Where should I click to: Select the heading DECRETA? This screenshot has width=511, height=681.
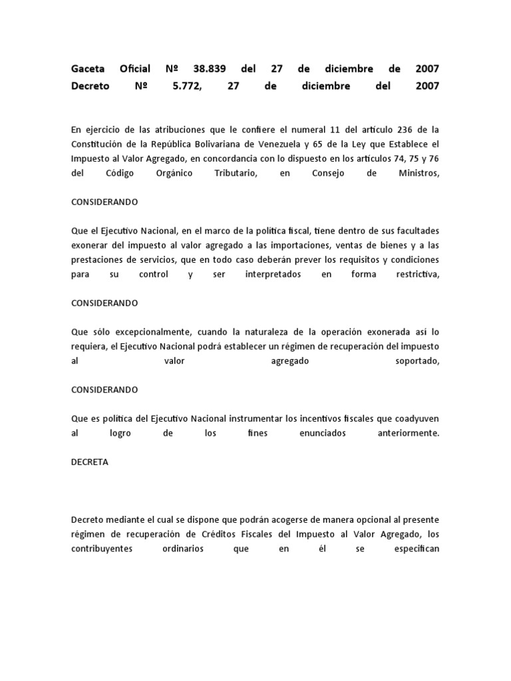89,462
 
